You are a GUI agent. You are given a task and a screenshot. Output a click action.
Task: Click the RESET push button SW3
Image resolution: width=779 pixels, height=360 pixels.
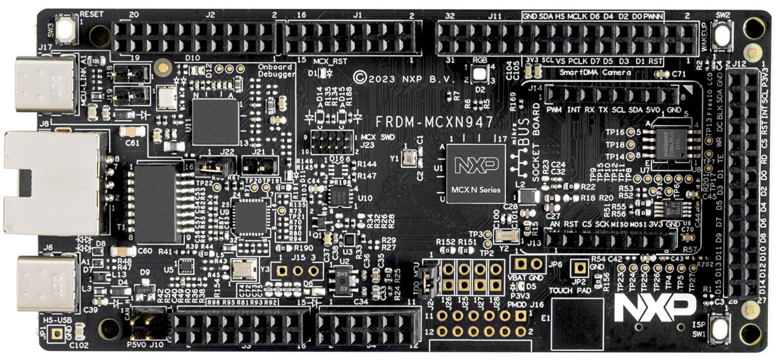[x=65, y=30]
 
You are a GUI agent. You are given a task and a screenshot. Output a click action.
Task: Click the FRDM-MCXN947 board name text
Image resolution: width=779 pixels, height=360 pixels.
[x=435, y=121]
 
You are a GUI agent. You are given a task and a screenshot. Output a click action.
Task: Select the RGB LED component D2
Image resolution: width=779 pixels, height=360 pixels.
[x=479, y=73]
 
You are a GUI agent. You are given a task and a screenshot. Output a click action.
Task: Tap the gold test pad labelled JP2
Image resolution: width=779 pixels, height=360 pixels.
[x=580, y=267]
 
